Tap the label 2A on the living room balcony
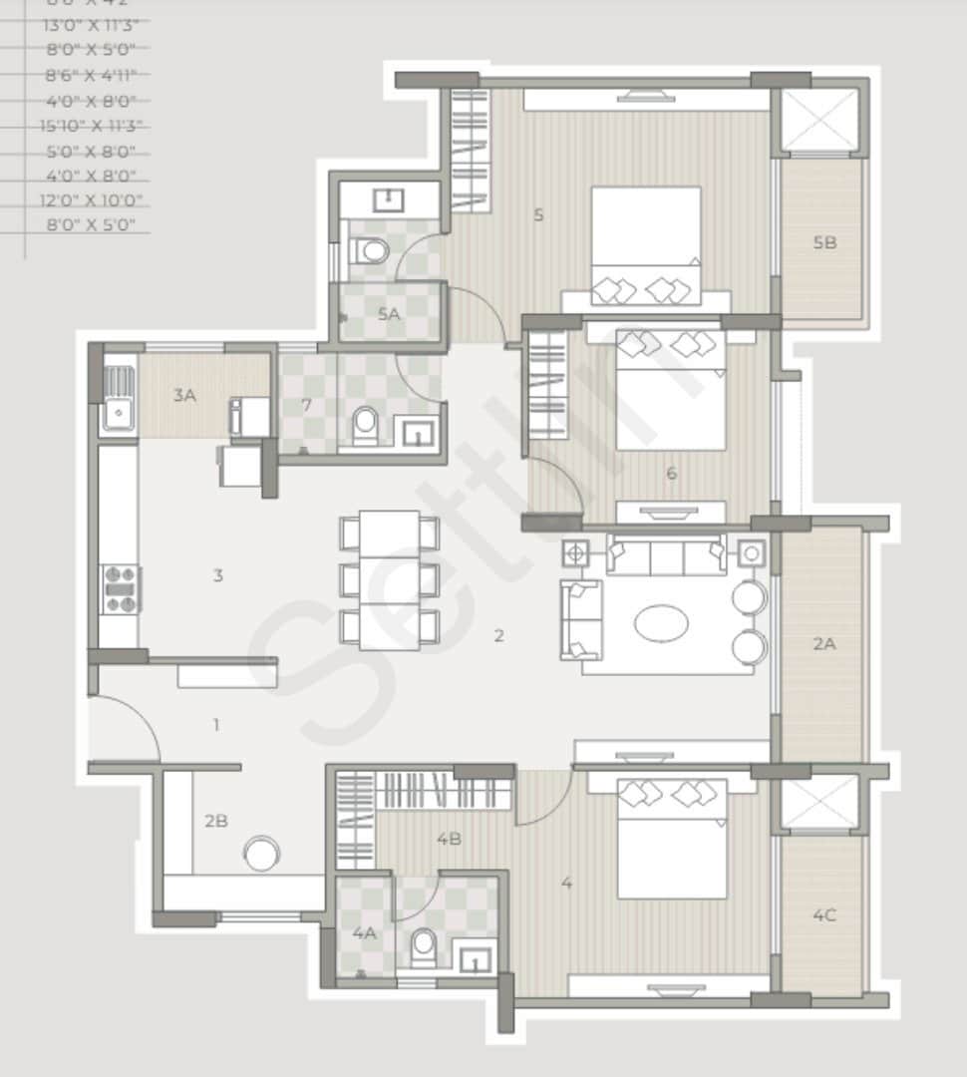pos(823,644)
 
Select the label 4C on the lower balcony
pos(823,915)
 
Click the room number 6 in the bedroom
pos(671,473)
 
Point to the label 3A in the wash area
pos(184,395)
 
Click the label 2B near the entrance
pos(216,821)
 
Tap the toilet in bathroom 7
pos(366,425)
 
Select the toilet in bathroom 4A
pos(424,947)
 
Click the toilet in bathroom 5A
pos(373,250)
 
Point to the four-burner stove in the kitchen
pos(121,589)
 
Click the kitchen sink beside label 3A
pos(119,397)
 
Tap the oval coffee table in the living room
pos(661,624)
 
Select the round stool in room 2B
pos(262,854)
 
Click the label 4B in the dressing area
pos(449,839)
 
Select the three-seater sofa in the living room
pos(666,556)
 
